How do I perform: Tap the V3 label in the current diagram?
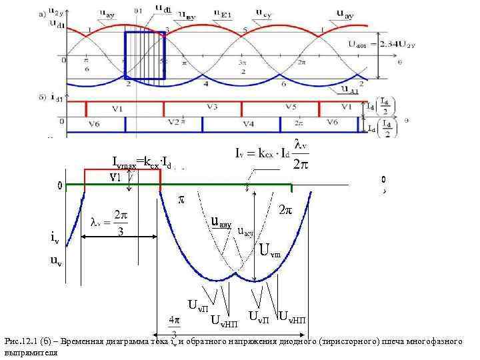click(x=213, y=107)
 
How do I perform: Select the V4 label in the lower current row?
click(x=248, y=124)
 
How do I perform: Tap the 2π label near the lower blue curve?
click(x=285, y=209)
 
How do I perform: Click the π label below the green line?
click(x=180, y=199)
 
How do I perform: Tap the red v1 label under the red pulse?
click(x=115, y=177)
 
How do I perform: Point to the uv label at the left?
click(x=57, y=261)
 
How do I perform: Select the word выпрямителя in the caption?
click(x=29, y=353)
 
